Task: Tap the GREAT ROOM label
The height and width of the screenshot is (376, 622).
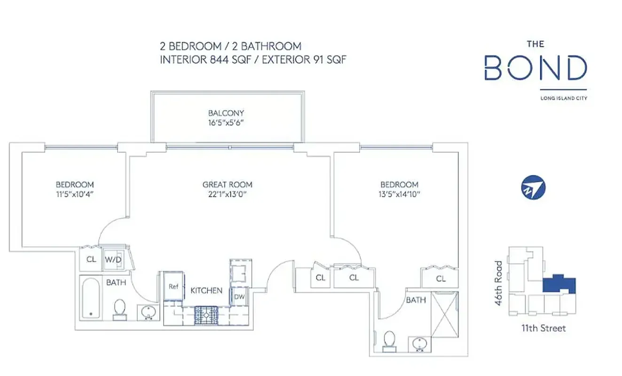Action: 227,185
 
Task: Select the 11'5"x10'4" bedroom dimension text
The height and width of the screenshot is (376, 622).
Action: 75,194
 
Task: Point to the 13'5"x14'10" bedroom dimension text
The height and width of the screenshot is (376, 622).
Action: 399,194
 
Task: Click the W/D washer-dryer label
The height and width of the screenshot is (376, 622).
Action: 112,259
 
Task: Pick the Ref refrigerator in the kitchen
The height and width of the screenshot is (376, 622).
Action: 173,286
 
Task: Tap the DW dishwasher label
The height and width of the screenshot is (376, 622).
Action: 239,297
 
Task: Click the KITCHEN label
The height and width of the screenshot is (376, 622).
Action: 206,290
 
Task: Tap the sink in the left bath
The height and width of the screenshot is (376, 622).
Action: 149,312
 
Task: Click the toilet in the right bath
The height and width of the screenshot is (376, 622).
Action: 390,340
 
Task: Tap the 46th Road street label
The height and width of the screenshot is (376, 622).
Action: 499,283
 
